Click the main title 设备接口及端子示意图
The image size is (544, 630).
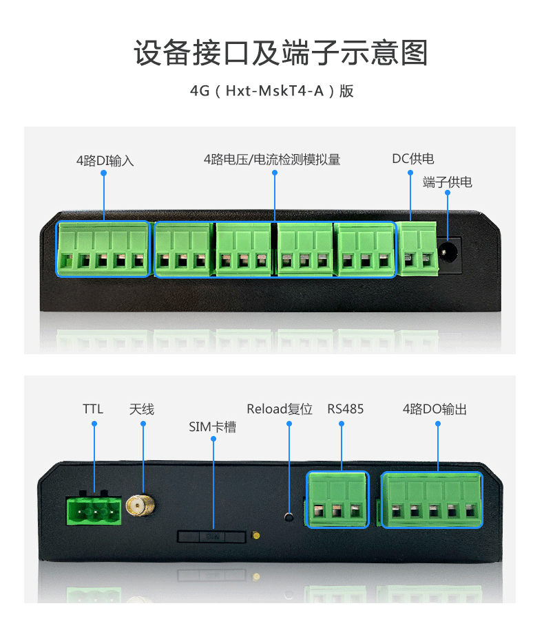[280, 53]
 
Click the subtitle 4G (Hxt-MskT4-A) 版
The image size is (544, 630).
[271, 91]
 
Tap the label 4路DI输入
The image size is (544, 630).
[105, 161]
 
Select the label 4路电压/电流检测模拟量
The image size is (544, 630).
[272, 160]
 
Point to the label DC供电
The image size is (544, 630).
[413, 159]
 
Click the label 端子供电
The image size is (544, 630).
[447, 182]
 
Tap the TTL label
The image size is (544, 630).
[93, 409]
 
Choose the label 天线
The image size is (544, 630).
[142, 409]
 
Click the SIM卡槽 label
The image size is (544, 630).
[213, 426]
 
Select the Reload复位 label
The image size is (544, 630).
[280, 409]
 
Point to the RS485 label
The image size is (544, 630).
[345, 409]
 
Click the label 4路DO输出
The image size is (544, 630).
[435, 409]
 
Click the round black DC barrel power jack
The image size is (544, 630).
[448, 252]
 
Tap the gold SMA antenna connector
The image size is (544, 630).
[140, 506]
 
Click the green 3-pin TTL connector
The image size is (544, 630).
[94, 510]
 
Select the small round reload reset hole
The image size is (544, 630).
[289, 517]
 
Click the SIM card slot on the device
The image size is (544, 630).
[211, 536]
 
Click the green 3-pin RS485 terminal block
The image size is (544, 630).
[337, 499]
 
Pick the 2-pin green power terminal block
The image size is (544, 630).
[417, 249]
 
